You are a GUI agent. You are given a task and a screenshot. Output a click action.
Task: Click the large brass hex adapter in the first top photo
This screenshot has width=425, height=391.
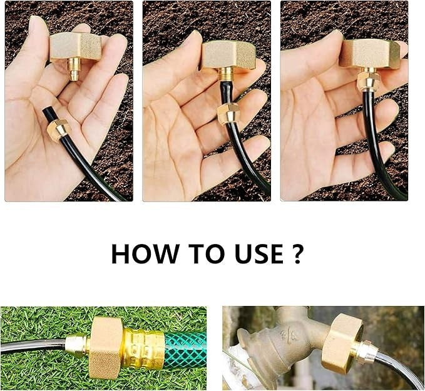point(76,47)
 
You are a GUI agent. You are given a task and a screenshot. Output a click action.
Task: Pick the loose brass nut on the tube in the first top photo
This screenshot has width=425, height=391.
point(58,129)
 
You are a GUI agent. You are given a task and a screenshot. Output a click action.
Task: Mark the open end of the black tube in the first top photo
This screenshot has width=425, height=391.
point(46,113)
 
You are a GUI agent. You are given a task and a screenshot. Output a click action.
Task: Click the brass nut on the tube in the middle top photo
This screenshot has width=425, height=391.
point(228,113)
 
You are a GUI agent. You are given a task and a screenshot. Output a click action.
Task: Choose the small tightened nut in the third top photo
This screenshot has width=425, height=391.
point(367,81)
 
